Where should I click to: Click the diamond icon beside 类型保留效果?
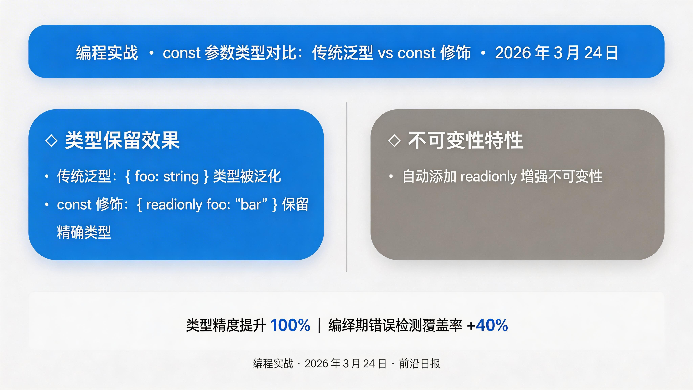pos(51,140)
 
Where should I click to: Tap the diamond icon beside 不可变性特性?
pos(394,140)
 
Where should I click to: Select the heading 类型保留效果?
pos(122,140)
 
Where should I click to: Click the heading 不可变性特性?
pos(465,140)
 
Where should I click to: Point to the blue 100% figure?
pos(290,325)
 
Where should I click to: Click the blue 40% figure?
pos(492,325)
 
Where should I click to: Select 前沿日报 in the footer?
pos(419,364)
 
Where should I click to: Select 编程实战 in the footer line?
pos(273,364)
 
